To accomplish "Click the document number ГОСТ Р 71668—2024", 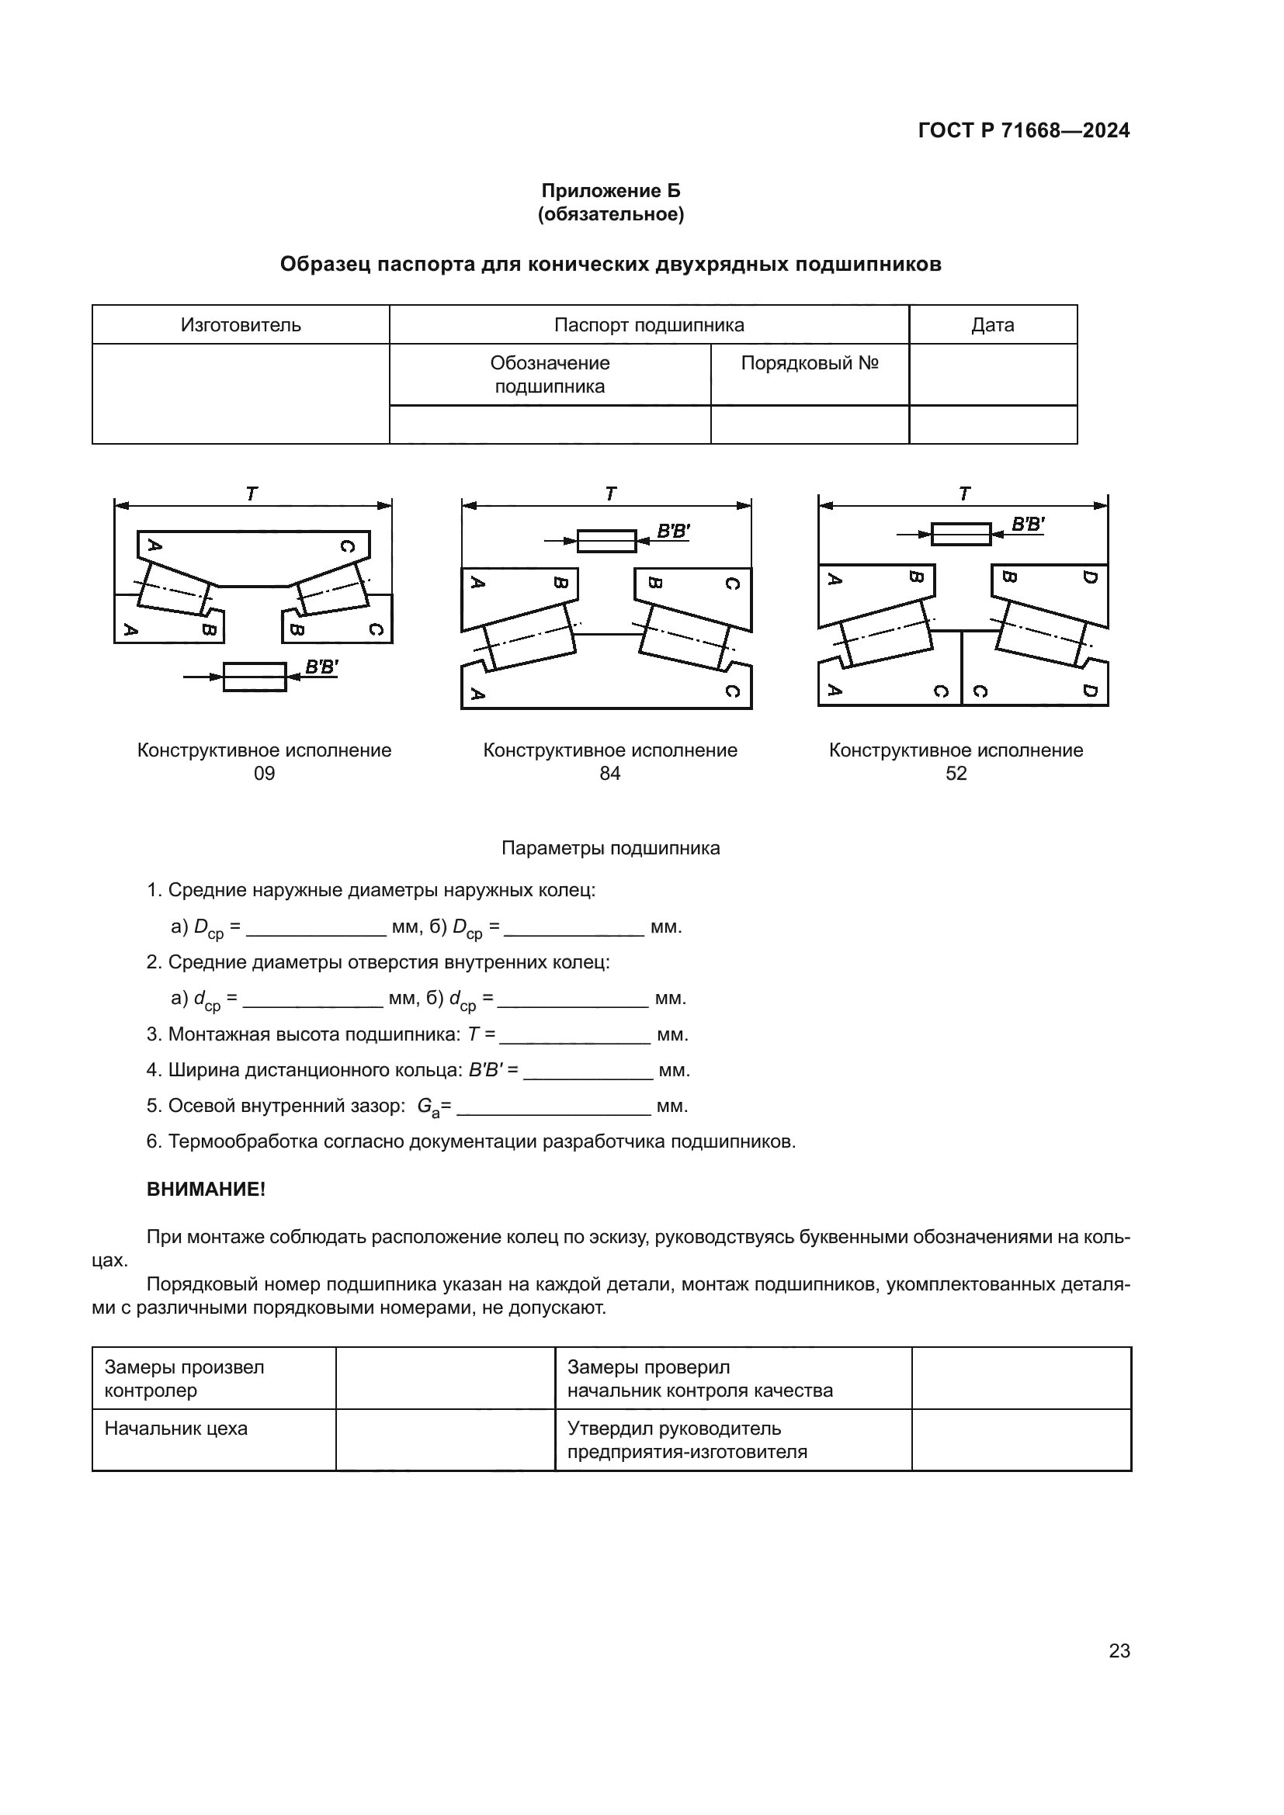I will pyautogui.click(x=1023, y=131).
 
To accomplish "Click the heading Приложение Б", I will pyautogui.click(x=610, y=191).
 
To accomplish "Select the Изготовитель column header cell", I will pyautogui.click(x=241, y=325).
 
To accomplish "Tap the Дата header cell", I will pyautogui.click(x=992, y=325).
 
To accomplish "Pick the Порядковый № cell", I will pyautogui.click(x=809, y=364).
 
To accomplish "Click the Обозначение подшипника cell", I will pyautogui.click(x=550, y=375).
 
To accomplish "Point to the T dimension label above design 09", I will pyautogui.click(x=252, y=494).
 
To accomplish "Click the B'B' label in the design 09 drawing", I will pyautogui.click(x=321, y=667).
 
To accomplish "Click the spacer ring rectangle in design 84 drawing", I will pyautogui.click(x=606, y=541).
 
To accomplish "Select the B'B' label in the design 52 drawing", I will pyautogui.click(x=1027, y=524).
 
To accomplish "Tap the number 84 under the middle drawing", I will pyautogui.click(x=609, y=774).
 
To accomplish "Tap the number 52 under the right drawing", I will pyautogui.click(x=956, y=774).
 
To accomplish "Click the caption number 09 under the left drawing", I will pyautogui.click(x=264, y=774).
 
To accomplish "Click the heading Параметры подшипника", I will pyautogui.click(x=610, y=849).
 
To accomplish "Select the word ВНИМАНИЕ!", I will pyautogui.click(x=206, y=1190).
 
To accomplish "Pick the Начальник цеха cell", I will pyautogui.click(x=176, y=1429).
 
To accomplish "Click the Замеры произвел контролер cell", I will pyautogui.click(x=184, y=1379).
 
